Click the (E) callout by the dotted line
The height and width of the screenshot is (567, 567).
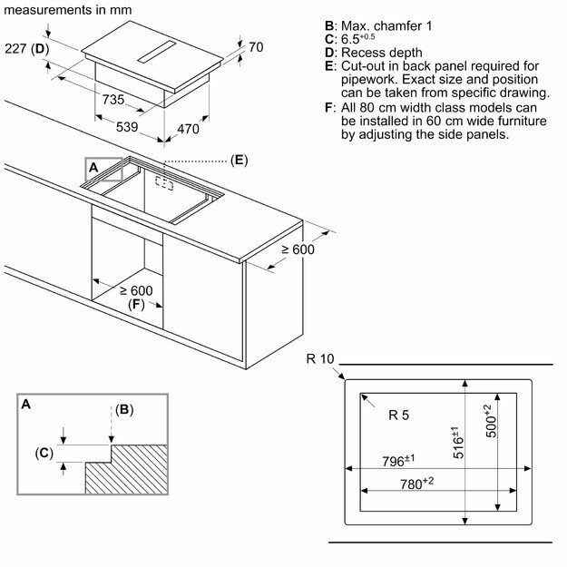(x=239, y=161)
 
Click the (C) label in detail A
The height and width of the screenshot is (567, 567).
(x=44, y=453)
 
